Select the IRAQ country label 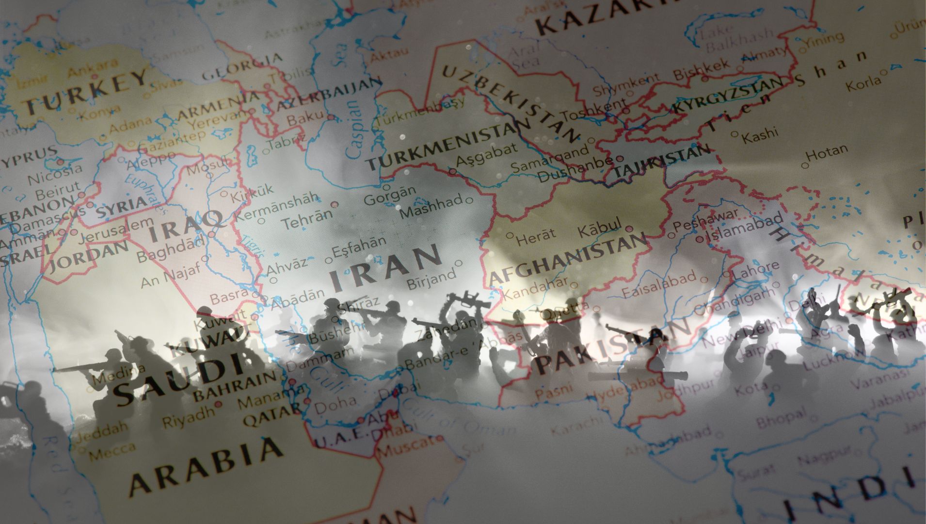[x=186, y=226]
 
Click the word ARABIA [x=206, y=466]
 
